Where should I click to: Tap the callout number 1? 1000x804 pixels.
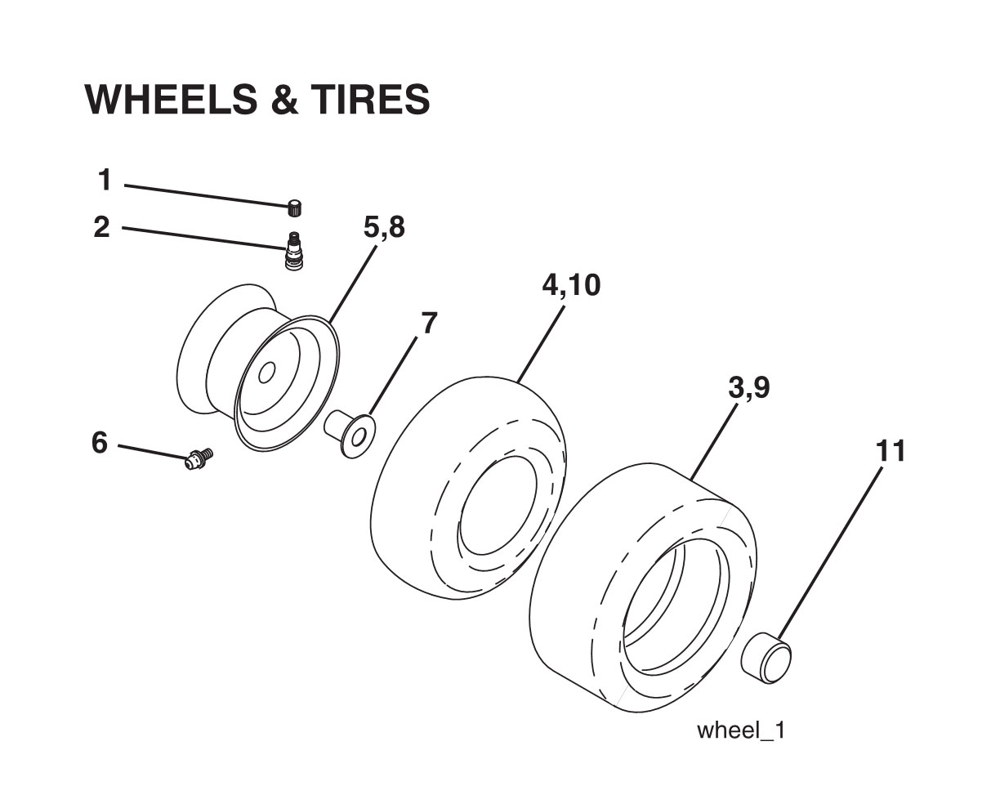(104, 180)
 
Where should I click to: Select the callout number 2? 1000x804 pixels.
(101, 227)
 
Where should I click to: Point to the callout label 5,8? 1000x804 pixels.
(384, 227)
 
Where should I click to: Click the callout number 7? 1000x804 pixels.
(429, 324)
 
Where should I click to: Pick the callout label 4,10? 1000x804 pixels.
(571, 285)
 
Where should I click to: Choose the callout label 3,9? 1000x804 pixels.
(748, 389)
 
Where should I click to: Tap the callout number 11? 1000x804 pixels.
(891, 450)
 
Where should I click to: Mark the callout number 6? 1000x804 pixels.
(99, 443)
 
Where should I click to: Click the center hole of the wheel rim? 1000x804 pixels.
(266, 373)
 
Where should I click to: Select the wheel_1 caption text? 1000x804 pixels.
(740, 730)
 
